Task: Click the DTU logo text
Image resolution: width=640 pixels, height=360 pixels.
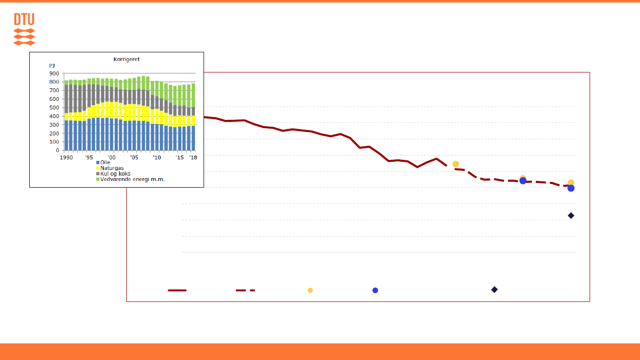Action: click(24, 20)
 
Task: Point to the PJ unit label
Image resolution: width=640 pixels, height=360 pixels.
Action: click(52, 65)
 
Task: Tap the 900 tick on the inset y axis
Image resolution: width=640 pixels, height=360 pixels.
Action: click(54, 73)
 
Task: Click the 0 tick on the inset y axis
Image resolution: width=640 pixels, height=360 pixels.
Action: click(58, 150)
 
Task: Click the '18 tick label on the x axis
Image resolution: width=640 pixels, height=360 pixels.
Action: click(193, 157)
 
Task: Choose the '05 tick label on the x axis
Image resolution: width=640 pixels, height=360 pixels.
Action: click(135, 157)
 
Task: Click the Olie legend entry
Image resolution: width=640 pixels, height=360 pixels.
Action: click(105, 162)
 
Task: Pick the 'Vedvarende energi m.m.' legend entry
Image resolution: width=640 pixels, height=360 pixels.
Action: click(132, 179)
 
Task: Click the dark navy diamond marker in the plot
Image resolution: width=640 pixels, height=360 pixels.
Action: click(571, 216)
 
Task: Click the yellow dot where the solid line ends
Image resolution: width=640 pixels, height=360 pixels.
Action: click(456, 164)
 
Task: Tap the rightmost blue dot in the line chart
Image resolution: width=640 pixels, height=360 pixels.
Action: click(571, 188)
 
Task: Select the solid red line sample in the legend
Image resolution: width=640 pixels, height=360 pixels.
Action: click(177, 290)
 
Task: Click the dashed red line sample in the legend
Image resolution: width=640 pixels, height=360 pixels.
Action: click(245, 290)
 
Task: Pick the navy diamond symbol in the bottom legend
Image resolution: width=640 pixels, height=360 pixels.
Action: click(494, 289)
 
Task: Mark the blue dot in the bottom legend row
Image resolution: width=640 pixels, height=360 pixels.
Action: click(375, 290)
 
